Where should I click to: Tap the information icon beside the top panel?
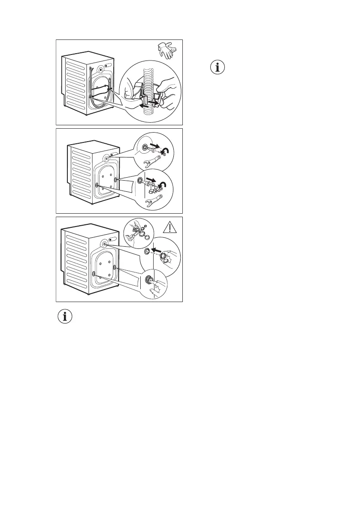[219, 68]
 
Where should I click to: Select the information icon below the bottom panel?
[65, 317]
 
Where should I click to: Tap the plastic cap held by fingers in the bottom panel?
[163, 257]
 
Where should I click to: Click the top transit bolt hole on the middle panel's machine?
[106, 158]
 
